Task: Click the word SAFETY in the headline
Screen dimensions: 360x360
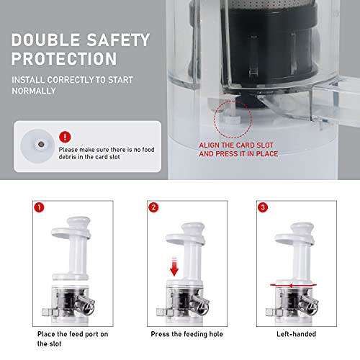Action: (118, 40)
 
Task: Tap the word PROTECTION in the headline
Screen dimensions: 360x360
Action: (64, 58)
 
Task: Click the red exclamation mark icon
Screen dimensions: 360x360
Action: (65, 137)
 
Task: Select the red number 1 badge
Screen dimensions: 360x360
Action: (39, 207)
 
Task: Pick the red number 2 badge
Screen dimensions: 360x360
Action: (153, 207)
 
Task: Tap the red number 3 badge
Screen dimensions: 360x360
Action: (263, 207)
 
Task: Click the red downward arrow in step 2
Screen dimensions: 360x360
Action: (174, 266)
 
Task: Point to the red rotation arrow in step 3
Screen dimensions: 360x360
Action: (293, 285)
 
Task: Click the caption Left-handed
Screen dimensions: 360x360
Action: (296, 334)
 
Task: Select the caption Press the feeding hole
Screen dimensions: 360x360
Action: (187, 334)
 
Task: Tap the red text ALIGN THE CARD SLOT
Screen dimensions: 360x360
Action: (236, 145)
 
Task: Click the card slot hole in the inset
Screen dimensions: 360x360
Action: (41, 144)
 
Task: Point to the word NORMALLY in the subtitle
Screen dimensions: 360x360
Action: (34, 91)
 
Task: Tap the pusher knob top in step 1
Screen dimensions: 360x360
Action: (78, 222)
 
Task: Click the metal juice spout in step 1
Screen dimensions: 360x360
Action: (85, 303)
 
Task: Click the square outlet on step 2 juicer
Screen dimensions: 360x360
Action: (164, 312)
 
